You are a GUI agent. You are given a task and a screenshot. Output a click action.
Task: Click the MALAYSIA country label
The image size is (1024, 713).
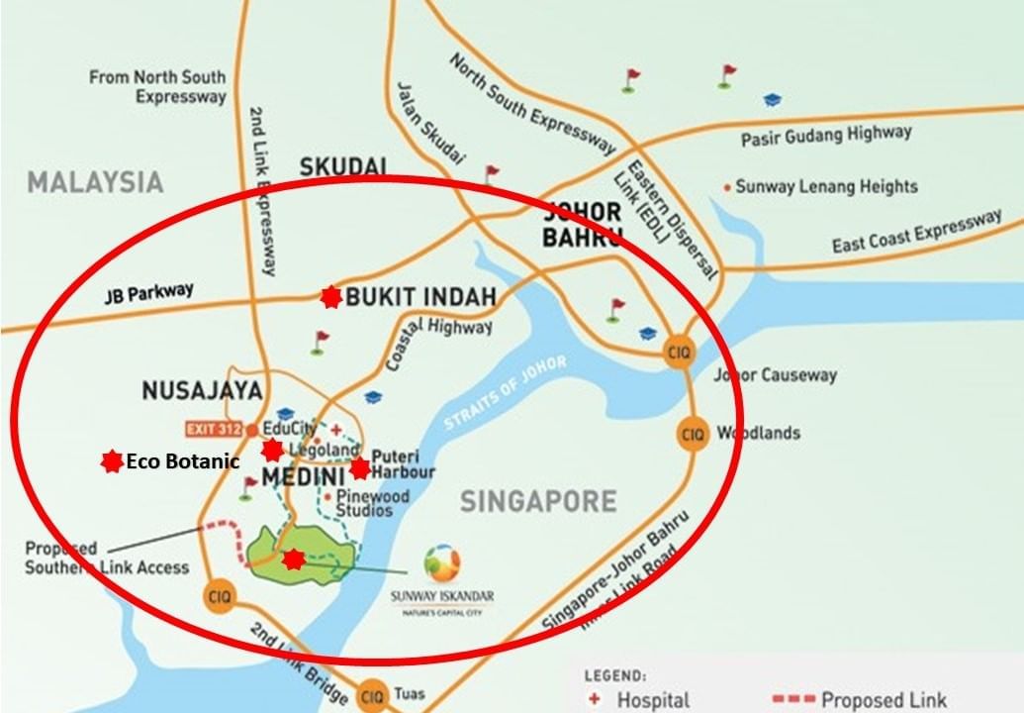tap(95, 182)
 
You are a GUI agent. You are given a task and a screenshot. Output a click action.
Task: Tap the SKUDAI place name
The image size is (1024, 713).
tap(341, 166)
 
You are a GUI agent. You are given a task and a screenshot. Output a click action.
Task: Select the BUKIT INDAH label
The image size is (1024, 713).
tap(420, 296)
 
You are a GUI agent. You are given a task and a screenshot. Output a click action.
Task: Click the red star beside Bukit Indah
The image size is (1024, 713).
tap(330, 297)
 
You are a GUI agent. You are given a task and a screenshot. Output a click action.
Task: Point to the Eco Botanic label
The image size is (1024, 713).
tap(183, 461)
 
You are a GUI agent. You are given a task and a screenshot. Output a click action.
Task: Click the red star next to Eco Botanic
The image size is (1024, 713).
tap(112, 460)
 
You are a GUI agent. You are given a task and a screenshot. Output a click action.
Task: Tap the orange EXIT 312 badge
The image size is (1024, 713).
tap(215, 429)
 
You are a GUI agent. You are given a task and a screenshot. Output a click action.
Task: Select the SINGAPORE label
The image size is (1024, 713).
tap(538, 501)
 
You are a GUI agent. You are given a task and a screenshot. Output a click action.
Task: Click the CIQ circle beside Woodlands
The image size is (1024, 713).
tap(693, 434)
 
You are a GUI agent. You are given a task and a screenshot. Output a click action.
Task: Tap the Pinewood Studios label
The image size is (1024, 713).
tap(364, 502)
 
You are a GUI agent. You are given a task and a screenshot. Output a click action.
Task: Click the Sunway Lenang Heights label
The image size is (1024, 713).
tap(827, 186)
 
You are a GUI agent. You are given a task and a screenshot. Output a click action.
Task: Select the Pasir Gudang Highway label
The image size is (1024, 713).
tap(826, 136)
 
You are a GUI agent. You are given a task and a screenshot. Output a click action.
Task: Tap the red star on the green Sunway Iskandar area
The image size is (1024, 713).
tap(293, 560)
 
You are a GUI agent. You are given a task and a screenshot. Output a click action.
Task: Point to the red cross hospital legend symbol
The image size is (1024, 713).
tap(594, 699)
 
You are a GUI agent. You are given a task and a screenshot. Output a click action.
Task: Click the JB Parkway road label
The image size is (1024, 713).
tap(149, 292)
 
